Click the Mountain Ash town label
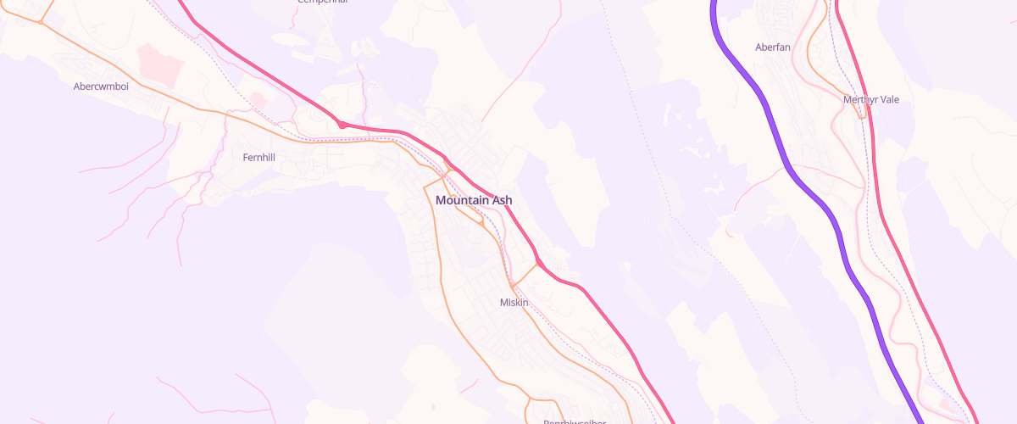[x=473, y=200]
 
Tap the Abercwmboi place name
[x=101, y=86]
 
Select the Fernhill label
[x=259, y=157]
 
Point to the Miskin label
[x=514, y=302]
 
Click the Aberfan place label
[x=772, y=47]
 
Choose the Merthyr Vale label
[x=871, y=99]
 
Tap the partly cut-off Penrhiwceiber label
[x=575, y=421]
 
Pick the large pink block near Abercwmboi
[x=161, y=65]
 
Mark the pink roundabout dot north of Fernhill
[x=342, y=125]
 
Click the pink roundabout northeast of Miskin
[x=540, y=263]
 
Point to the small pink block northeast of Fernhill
[x=258, y=101]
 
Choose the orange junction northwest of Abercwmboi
[x=40, y=22]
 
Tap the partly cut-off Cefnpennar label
[x=323, y=2]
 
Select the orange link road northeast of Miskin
[x=525, y=274]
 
